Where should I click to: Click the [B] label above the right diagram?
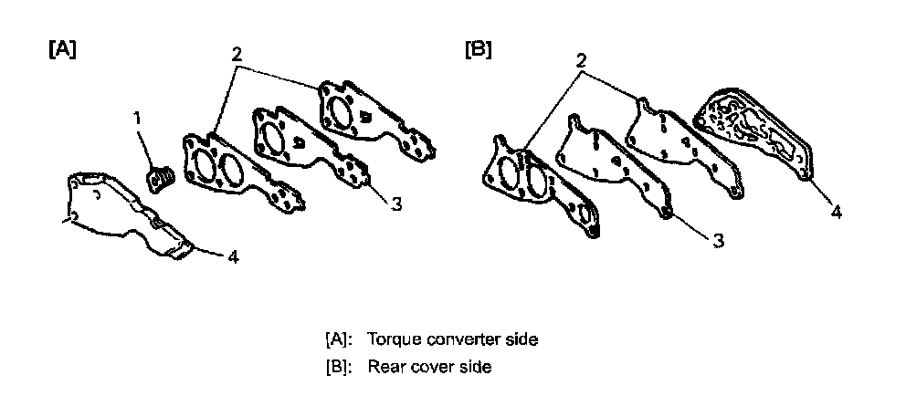point(478,49)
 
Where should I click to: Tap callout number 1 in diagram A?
point(138,119)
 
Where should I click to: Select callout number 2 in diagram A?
point(237,54)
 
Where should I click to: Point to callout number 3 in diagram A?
point(395,204)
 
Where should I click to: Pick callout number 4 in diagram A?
point(234,258)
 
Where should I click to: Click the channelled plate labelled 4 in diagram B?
point(755,137)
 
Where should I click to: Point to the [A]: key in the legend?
point(339,339)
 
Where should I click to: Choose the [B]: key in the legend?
point(339,367)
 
